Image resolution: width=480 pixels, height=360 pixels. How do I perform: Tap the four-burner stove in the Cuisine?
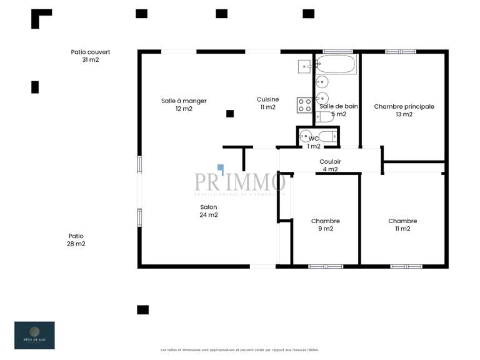(x=304, y=105)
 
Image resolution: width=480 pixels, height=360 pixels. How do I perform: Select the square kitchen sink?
(x=304, y=65)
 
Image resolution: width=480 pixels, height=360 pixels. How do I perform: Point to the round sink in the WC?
(x=305, y=136)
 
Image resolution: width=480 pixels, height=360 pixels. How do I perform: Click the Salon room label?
(x=209, y=207)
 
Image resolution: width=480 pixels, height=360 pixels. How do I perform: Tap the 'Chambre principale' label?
(x=404, y=107)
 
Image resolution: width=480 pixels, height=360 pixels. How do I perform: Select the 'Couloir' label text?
(x=330, y=161)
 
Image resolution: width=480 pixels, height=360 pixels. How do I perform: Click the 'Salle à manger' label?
(x=184, y=101)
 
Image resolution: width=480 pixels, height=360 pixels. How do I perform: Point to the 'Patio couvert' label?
(x=91, y=52)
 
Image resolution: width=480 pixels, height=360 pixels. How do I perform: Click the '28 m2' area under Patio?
(x=76, y=244)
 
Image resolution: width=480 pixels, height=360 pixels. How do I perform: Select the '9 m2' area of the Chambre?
(x=326, y=229)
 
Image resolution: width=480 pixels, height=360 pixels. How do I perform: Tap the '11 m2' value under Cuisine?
(x=267, y=107)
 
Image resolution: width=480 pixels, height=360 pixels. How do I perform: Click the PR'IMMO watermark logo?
(x=240, y=182)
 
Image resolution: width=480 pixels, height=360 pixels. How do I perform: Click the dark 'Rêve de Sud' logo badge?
(x=34, y=335)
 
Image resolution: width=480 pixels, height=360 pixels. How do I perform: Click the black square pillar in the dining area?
(x=230, y=113)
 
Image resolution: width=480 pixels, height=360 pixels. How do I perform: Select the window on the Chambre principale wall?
(x=401, y=51)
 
